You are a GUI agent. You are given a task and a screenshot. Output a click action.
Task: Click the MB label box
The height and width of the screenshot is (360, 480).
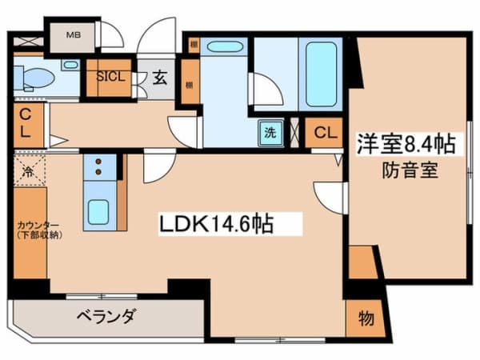pyautogui.click(x=73, y=35)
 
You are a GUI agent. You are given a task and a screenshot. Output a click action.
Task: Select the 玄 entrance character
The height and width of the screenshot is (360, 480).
pyautogui.click(x=158, y=78)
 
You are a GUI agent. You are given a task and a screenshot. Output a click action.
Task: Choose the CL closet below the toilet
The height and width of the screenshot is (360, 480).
pyautogui.click(x=26, y=123)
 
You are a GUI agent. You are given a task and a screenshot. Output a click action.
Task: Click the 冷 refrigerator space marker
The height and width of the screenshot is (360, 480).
pyautogui.click(x=26, y=170)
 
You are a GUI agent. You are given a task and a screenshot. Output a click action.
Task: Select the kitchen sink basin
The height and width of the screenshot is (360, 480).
pyautogui.click(x=99, y=211)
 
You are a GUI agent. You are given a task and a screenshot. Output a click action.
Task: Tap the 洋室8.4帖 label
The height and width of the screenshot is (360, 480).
pyautogui.click(x=406, y=146)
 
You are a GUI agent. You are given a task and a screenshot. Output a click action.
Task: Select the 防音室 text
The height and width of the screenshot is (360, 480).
pyautogui.click(x=409, y=170)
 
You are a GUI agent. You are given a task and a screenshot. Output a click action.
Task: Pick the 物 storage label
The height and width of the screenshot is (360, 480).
pyautogui.click(x=365, y=319)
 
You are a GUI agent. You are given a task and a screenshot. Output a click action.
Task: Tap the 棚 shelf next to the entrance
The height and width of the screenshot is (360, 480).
pyautogui.click(x=190, y=86)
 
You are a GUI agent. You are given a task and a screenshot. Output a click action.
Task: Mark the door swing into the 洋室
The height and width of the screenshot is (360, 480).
pyautogui.click(x=330, y=196)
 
